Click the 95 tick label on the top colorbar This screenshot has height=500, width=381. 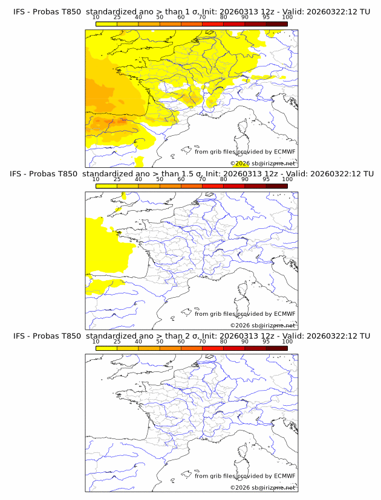click(x=266, y=18)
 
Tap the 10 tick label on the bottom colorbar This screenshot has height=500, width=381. click(x=96, y=341)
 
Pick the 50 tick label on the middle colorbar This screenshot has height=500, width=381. click(x=160, y=179)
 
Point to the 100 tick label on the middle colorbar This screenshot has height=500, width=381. click(x=287, y=179)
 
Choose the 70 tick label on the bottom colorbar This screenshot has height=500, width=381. click(x=202, y=341)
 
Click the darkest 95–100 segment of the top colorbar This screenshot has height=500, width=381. click(x=276, y=24)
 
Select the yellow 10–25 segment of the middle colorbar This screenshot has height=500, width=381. click(x=106, y=186)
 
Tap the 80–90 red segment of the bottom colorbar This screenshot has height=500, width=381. click(x=234, y=348)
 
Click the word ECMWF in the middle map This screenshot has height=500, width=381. click(x=284, y=314)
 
